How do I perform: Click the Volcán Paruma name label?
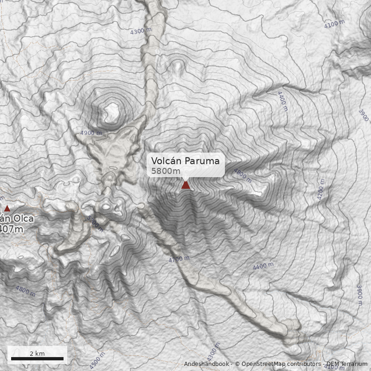pos(185,161)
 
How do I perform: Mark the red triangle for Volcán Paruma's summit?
pos(185,185)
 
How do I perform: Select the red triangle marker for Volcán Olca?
pos(7,209)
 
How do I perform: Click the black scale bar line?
pos(37,359)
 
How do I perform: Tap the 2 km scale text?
pos(37,353)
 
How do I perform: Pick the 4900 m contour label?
pos(91,133)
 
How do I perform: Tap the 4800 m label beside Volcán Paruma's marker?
pos(242,176)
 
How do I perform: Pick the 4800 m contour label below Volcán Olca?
pos(25,291)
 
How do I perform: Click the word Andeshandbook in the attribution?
pos(206,364)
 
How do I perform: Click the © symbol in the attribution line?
pos(237,364)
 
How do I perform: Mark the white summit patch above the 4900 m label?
pos(112,110)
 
